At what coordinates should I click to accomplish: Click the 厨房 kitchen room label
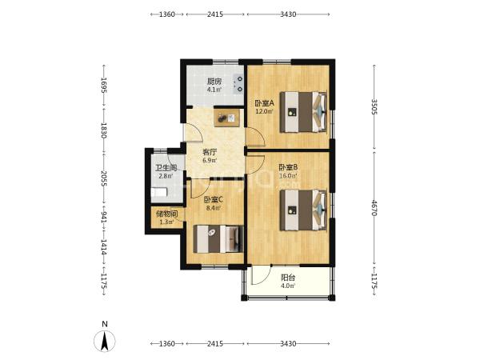point(214,82)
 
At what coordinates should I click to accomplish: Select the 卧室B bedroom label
point(288,167)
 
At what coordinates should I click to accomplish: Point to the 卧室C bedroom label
point(214,200)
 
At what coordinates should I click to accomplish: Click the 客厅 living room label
point(210,152)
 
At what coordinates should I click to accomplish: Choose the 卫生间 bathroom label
point(166,168)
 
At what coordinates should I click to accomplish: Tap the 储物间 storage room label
point(167,214)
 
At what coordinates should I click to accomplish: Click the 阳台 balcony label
point(288,278)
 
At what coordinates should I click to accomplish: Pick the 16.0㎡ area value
point(288,176)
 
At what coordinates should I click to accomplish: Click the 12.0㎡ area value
point(265,111)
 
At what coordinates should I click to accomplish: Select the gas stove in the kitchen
point(238,84)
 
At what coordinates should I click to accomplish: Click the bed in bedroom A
point(303,112)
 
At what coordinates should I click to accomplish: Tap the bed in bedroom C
point(218,239)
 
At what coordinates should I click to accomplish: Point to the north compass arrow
point(105,341)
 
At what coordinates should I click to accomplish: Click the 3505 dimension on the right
point(374,106)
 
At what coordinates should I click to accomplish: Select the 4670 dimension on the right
point(374,207)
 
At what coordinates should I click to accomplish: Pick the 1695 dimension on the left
point(104,86)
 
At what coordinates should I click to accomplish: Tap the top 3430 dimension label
point(288,14)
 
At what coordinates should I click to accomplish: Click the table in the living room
point(228,118)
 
